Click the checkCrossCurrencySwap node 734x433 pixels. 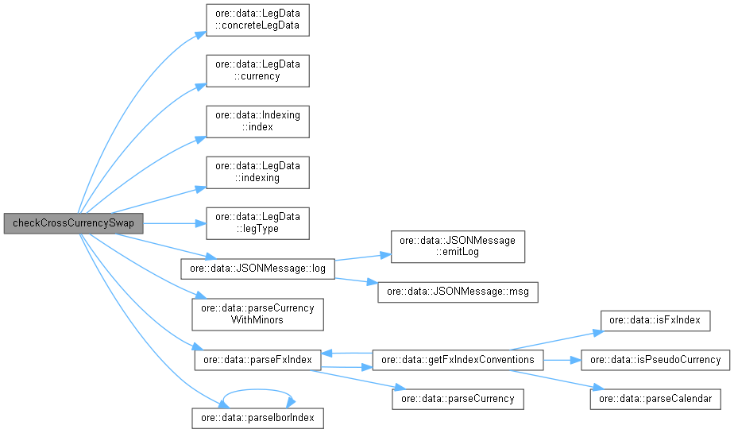tap(72, 223)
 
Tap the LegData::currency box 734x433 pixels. tap(257, 71)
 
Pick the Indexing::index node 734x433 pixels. tap(257, 121)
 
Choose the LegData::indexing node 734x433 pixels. tap(257, 172)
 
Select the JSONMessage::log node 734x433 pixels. tap(257, 268)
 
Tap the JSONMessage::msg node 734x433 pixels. tap(458, 292)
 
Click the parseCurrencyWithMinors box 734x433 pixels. tap(257, 315)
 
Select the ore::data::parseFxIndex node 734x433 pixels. tap(257, 360)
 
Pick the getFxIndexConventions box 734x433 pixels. tap(458, 360)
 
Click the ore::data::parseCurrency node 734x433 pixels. tap(458, 398)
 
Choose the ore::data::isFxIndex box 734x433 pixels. tap(655, 321)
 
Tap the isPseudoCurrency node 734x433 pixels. tap(655, 360)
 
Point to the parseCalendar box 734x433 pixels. tap(655, 398)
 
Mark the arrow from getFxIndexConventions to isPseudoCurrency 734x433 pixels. tap(562, 360)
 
